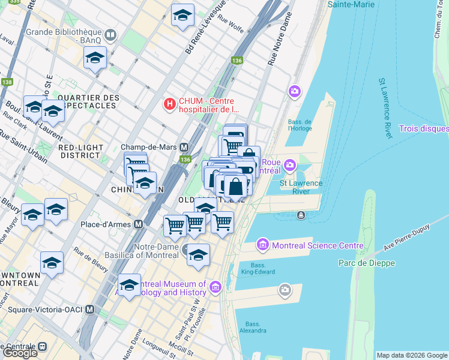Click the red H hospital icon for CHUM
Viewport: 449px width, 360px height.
click(170, 104)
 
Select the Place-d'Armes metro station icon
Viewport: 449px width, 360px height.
click(139, 224)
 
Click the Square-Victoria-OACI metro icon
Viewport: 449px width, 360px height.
click(91, 310)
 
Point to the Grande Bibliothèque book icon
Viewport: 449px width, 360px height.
click(110, 35)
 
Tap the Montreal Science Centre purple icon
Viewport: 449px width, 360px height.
click(262, 245)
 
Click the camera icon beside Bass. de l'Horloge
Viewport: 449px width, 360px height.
click(295, 91)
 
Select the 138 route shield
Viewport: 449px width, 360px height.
click(7, 82)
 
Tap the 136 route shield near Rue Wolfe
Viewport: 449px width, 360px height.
click(238, 61)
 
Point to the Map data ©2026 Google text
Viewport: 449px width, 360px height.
click(412, 355)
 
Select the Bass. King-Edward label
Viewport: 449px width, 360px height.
click(259, 268)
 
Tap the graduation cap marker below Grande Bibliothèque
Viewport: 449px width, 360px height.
click(95, 58)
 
